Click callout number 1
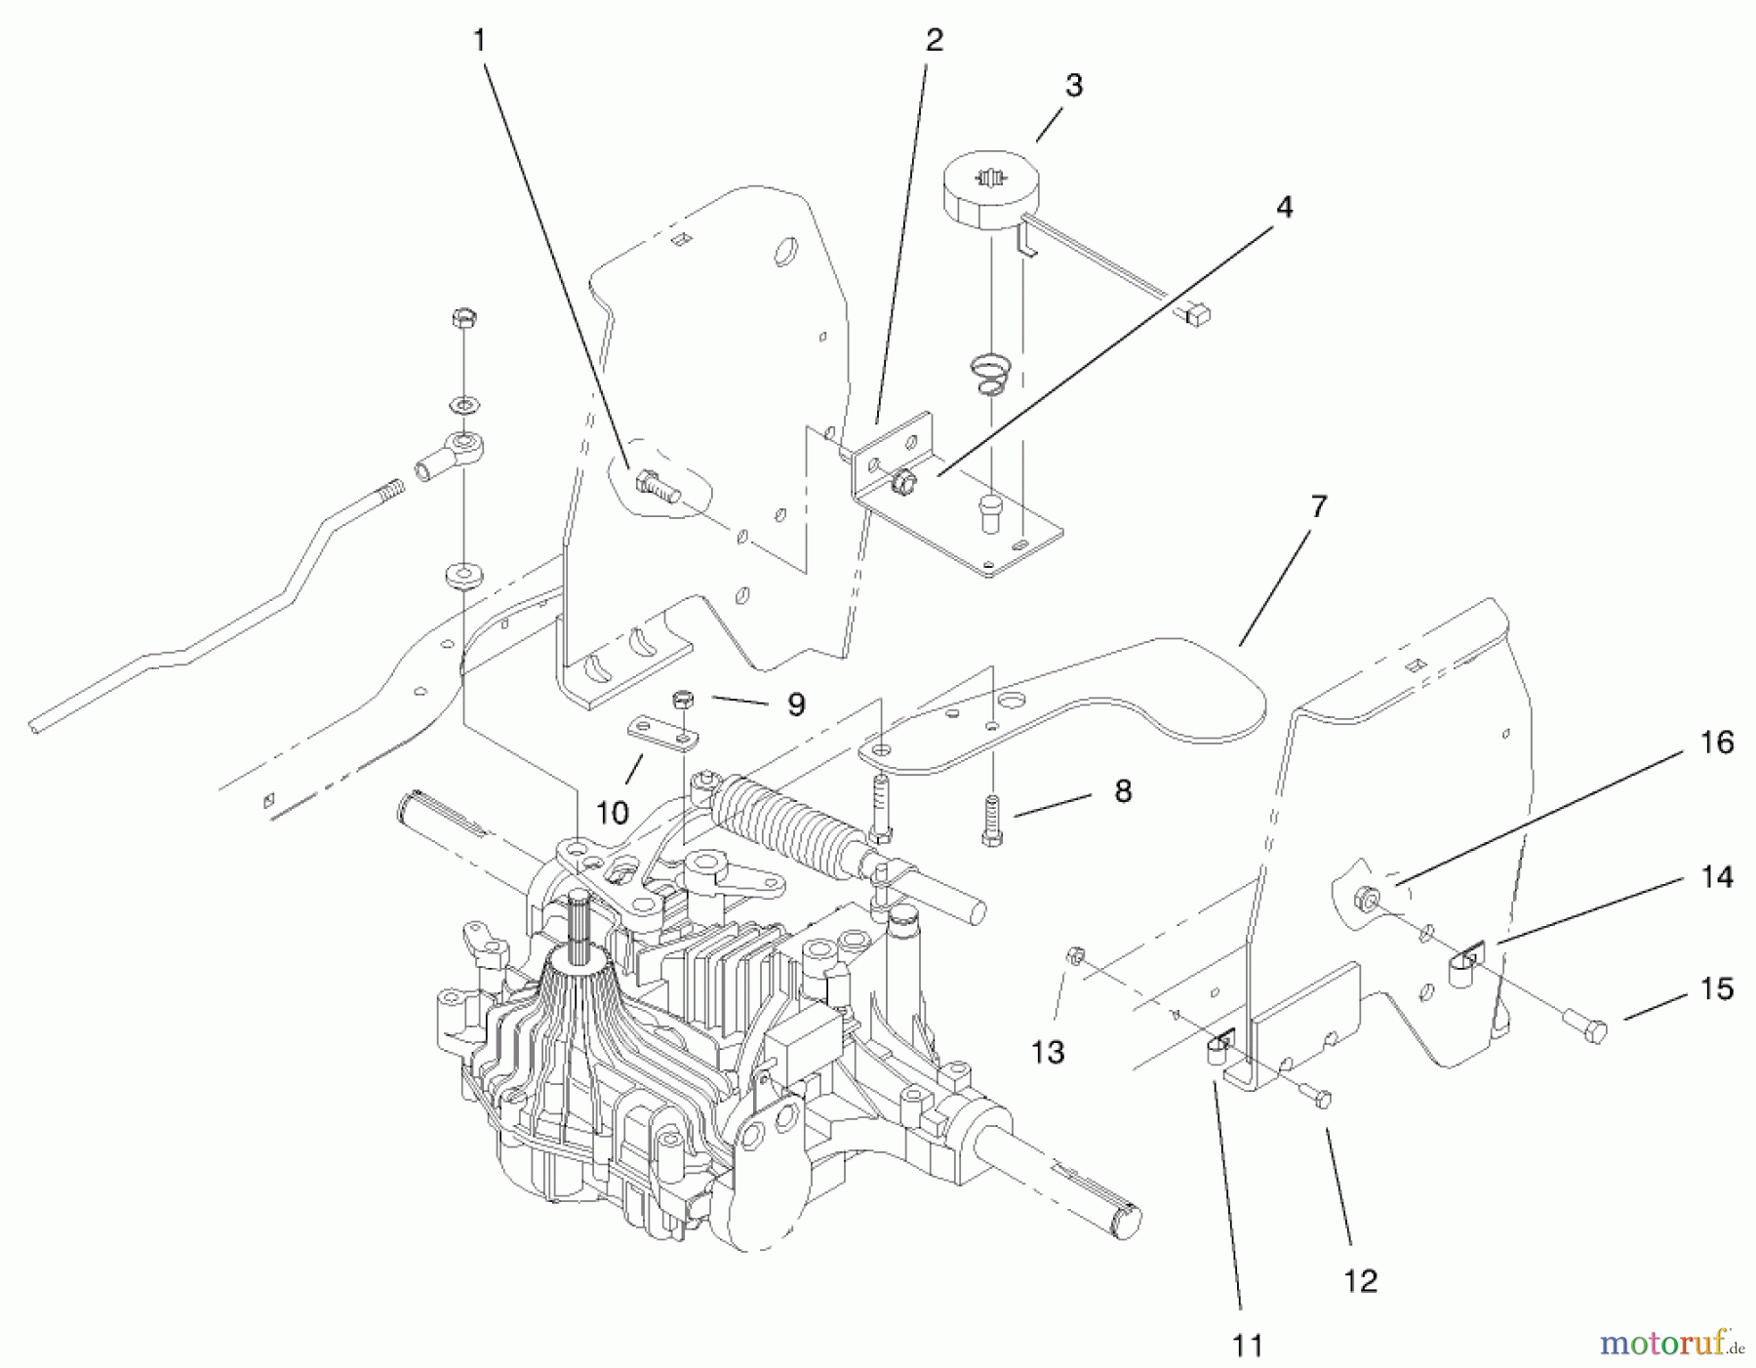coord(479,40)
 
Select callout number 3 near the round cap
coord(1073,86)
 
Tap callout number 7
coord(1318,506)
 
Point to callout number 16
coord(1716,743)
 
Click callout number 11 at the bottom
coord(1247,1346)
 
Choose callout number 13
coord(1048,1052)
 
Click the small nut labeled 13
coord(1074,954)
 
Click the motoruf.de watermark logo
coord(1670,1344)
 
